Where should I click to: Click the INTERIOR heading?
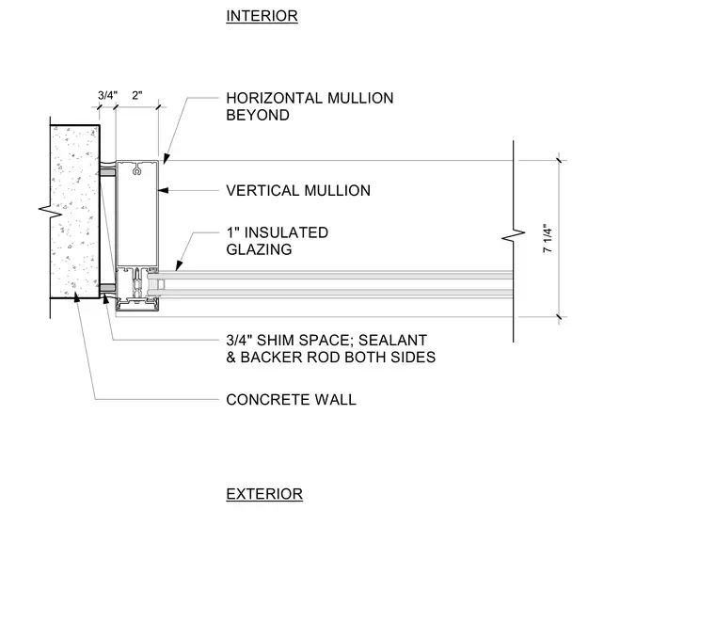[262, 16]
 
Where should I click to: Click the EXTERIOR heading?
[264, 494]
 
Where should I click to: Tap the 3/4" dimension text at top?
[107, 95]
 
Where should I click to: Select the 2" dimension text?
[136, 95]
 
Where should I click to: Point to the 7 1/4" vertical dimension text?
[548, 238]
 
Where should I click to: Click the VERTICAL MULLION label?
[298, 191]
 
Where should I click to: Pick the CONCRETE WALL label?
[291, 400]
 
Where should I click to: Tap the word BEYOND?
[258, 115]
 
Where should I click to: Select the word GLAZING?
[259, 249]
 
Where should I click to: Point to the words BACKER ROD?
[290, 357]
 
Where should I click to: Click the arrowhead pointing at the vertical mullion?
[163, 190]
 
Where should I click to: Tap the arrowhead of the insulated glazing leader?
[179, 265]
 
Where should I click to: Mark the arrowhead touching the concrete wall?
[76, 296]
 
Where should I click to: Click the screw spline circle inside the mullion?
[135, 171]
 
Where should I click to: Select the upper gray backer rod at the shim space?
[107, 172]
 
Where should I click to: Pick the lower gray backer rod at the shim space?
[107, 288]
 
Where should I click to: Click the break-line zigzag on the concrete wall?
[50, 211]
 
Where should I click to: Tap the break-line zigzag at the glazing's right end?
[514, 236]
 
